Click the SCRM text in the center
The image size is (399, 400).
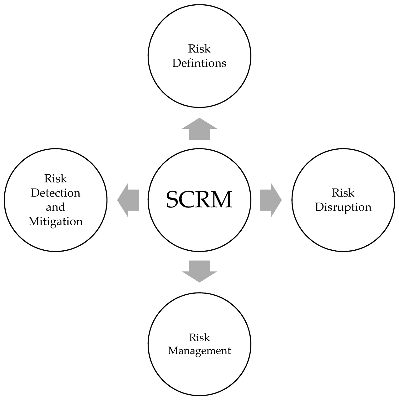[x=199, y=199]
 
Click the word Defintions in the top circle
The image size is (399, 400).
[x=199, y=63]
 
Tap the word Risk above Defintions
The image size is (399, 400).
[x=199, y=49]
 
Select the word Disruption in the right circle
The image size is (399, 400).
[x=343, y=207]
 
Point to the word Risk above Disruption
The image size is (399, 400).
[x=343, y=193]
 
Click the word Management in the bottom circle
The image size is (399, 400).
[x=199, y=351]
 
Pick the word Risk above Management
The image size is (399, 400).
[x=199, y=337]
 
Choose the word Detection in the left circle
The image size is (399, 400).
[x=56, y=193]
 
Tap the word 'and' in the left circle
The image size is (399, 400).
[x=56, y=207]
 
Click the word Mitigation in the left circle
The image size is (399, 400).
[x=56, y=221]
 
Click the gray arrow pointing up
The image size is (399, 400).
[x=199, y=129]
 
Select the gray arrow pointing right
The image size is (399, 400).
[x=270, y=200]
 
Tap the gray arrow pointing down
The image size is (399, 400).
[x=199, y=271]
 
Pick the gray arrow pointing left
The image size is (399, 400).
[x=128, y=200]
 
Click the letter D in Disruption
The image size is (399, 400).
[x=319, y=207]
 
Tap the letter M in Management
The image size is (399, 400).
[x=173, y=351]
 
